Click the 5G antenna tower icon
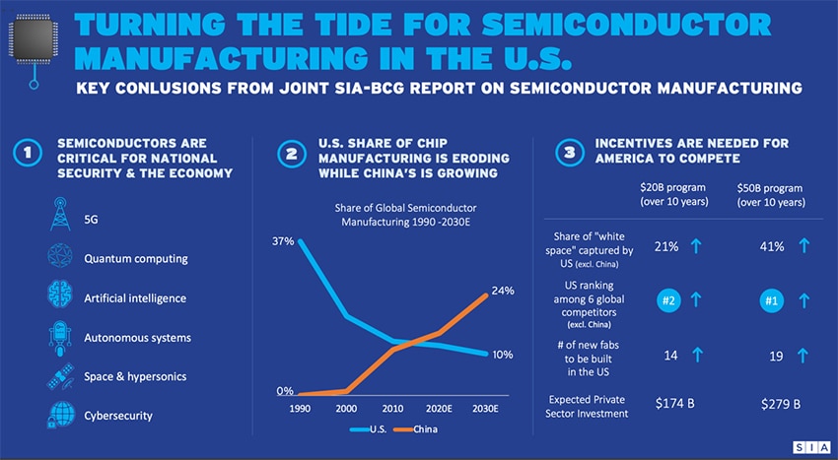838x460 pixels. pyautogui.click(x=57, y=217)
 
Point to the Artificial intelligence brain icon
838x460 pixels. pyautogui.click(x=57, y=296)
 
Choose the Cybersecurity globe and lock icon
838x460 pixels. pyautogui.click(x=57, y=414)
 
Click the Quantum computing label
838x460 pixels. pyautogui.click(x=136, y=259)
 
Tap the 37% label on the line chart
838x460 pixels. pyautogui.click(x=282, y=241)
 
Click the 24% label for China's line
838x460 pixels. pyautogui.click(x=503, y=291)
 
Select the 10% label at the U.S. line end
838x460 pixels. pyautogui.click(x=503, y=355)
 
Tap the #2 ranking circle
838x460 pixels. pyautogui.click(x=669, y=300)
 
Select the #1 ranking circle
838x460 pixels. pyautogui.click(x=772, y=300)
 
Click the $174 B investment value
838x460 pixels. pyautogui.click(x=675, y=404)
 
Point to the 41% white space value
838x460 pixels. pyautogui.click(x=772, y=246)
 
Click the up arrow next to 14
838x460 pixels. pyautogui.click(x=697, y=355)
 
